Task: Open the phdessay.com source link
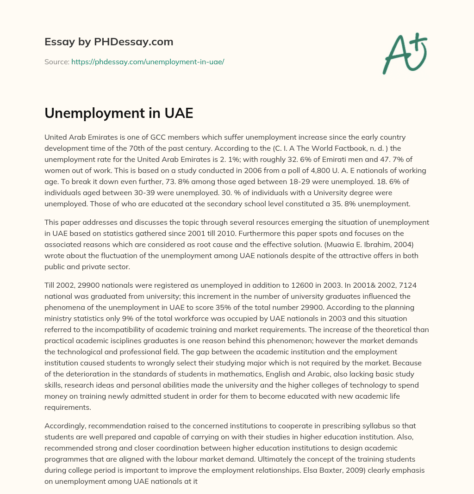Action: point(148,62)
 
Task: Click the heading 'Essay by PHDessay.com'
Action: point(109,42)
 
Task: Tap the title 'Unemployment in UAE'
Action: point(118,113)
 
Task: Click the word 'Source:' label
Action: point(56,62)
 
